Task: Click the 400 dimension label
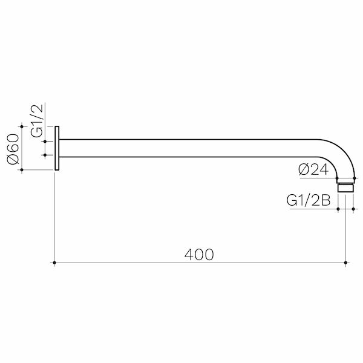[x=199, y=255]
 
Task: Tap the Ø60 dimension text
[x=13, y=149]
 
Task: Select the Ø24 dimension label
[x=313, y=169]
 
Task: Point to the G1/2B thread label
[x=309, y=200]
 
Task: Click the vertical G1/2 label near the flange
[x=37, y=121]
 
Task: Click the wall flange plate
[x=57, y=148]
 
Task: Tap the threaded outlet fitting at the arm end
[x=345, y=188]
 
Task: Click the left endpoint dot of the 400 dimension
[x=54, y=263]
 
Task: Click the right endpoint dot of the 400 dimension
[x=345, y=263]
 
